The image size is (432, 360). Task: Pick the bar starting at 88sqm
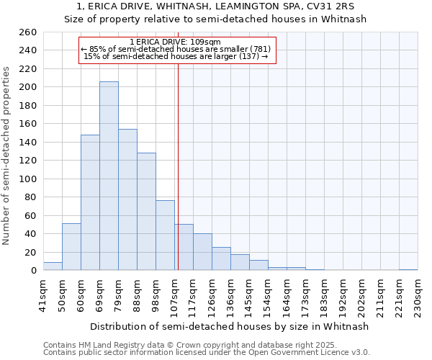pos(146,212)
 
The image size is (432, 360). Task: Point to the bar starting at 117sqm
pos(202,252)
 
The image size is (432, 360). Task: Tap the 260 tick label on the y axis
pos(27,32)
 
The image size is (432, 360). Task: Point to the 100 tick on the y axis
pos(27,179)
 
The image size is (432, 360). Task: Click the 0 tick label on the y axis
pos(33,271)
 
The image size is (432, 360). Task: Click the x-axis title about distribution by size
pos(230,326)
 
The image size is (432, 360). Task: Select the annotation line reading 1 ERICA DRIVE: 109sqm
pos(176,42)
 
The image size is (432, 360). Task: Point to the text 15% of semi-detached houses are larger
pos(176,56)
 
